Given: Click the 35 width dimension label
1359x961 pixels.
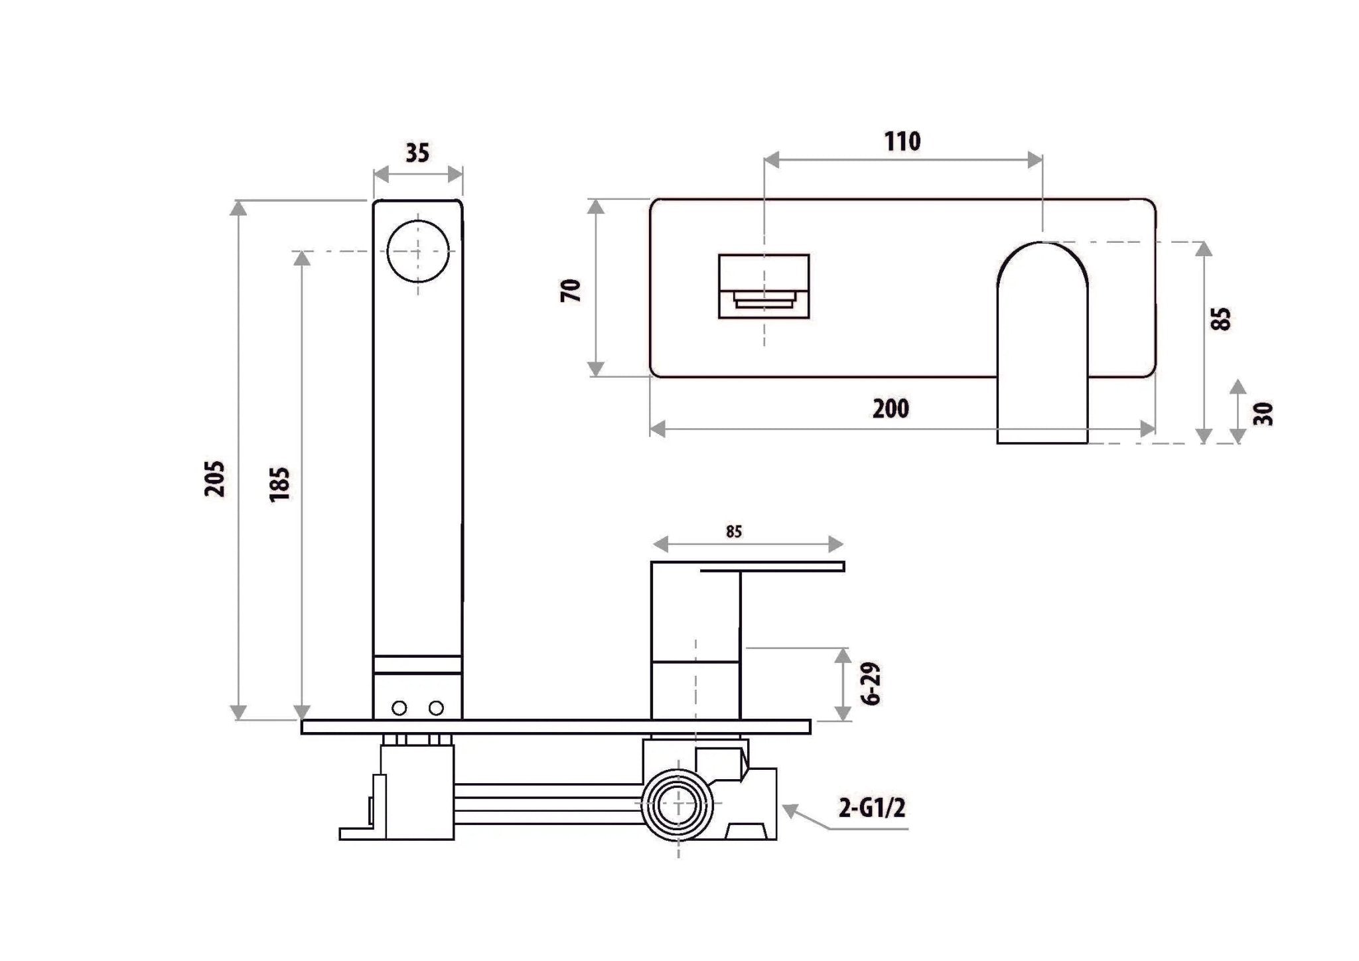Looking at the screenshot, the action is [x=417, y=153].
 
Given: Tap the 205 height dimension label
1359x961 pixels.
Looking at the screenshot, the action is [x=215, y=479].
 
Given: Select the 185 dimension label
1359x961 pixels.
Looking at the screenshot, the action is [x=280, y=484].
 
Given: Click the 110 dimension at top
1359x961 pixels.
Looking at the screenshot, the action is [x=902, y=141].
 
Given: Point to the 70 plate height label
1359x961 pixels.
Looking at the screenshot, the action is [x=571, y=291].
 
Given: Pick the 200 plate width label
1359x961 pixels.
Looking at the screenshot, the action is [x=891, y=408].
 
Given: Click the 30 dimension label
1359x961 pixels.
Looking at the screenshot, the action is [x=1263, y=414].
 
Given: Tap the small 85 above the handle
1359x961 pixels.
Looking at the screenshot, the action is [x=734, y=532].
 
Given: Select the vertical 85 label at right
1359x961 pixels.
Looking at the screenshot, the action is [x=1220, y=319].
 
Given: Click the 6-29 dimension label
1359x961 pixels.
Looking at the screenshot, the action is [x=873, y=683].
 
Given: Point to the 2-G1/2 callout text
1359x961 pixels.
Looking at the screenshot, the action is [x=871, y=808].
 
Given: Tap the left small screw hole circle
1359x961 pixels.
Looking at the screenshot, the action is [x=399, y=708].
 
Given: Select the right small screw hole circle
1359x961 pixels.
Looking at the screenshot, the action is [x=436, y=708].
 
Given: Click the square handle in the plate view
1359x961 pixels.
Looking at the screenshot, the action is [x=764, y=286].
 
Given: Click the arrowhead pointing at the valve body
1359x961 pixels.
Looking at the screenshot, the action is [x=791, y=810].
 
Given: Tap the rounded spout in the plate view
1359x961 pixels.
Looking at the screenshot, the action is [x=1042, y=342].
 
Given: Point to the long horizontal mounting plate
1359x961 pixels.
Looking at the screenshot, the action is [x=556, y=727].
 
